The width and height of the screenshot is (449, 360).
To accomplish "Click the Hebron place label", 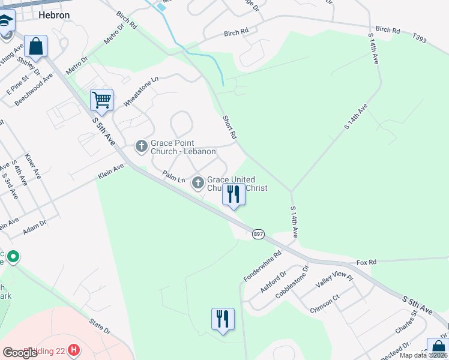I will [x=53, y=15].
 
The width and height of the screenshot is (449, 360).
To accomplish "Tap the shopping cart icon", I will [x=101, y=100].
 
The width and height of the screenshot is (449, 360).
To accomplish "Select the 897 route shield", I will [x=258, y=234].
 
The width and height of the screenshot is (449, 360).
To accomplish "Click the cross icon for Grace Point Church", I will [x=142, y=146].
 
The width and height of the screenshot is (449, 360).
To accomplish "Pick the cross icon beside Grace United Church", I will [x=198, y=182].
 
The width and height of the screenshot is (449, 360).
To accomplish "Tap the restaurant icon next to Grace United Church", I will [x=234, y=194].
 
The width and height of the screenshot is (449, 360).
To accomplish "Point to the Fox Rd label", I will [x=366, y=262].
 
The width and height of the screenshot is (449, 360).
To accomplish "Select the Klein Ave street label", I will [x=110, y=175].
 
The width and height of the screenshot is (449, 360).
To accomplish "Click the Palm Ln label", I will [x=173, y=176].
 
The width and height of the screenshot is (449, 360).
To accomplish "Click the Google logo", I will [x=20, y=352].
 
